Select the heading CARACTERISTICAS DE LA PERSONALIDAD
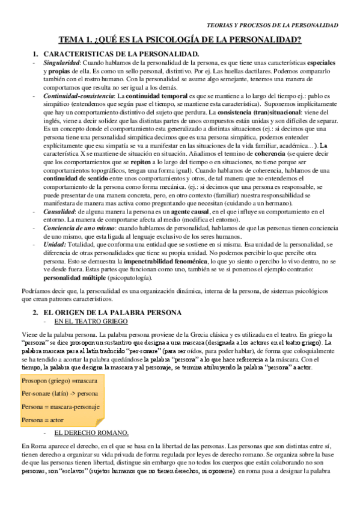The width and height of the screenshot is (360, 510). [121, 55]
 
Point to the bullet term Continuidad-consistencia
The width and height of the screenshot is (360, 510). [79, 96]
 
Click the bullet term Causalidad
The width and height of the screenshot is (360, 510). [59, 212]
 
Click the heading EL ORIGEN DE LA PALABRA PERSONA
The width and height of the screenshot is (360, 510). [113, 313]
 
